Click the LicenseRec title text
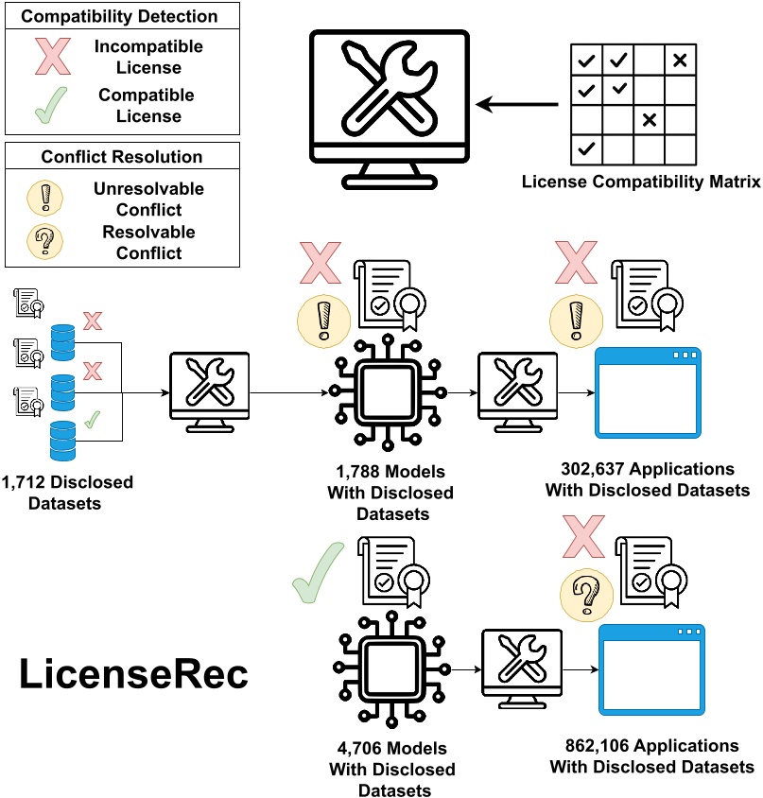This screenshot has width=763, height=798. tap(134, 675)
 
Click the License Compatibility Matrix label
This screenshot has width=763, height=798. tap(641, 181)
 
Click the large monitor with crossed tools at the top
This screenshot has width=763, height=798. tap(390, 101)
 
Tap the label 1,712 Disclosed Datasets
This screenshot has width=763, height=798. tap(67, 491)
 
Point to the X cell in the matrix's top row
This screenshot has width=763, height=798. tap(680, 61)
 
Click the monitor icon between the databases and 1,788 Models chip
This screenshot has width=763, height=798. tap(208, 389)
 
